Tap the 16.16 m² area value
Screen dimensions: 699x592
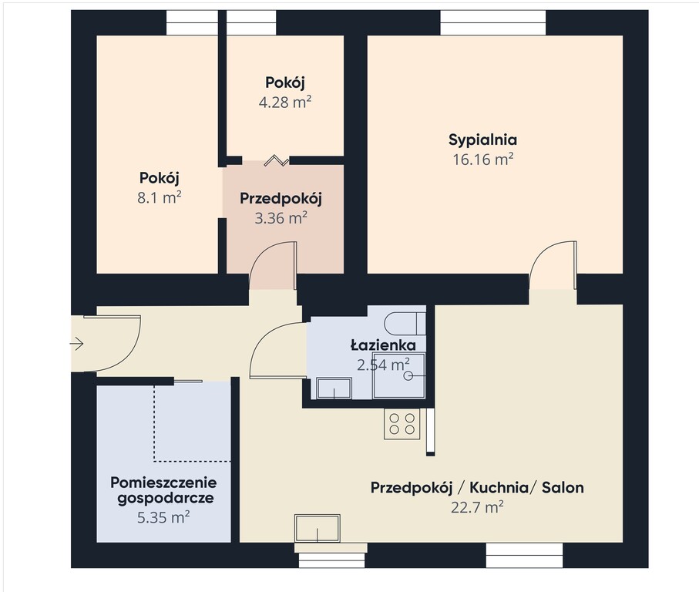coord(482,159)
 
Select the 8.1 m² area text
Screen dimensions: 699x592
coord(160,197)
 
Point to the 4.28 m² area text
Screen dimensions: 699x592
coord(285,102)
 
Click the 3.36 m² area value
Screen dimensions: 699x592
coord(281,218)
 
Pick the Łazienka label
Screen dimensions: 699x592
coord(383,345)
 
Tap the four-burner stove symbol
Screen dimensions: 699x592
coord(402,424)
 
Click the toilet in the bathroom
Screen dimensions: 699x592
coord(405,323)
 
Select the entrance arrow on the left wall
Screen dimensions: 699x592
coord(77,344)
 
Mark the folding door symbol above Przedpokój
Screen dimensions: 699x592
coord(277,161)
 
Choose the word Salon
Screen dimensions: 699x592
coord(563,488)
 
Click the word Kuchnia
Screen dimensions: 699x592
coord(499,488)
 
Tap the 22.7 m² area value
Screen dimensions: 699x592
coord(477,507)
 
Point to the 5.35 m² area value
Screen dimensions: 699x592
coord(163,517)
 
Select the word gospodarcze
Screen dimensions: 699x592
coord(166,499)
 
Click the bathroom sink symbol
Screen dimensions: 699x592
coord(334,388)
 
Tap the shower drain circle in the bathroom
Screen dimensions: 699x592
coord(408,376)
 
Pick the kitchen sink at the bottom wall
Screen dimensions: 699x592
coord(317,528)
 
